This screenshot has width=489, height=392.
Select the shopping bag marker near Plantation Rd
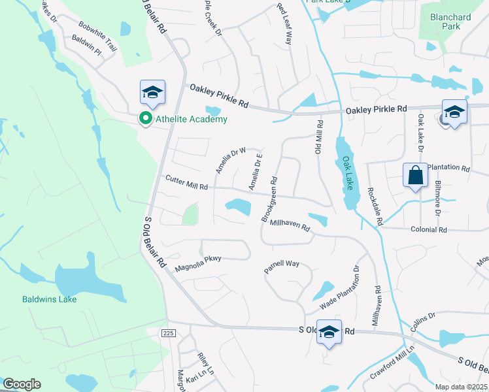[x=415, y=175]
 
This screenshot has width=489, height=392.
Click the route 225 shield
[x=169, y=333]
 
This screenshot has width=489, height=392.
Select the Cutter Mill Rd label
[x=186, y=182]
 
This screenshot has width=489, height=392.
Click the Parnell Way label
[x=281, y=265]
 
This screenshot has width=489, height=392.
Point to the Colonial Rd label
[x=428, y=230]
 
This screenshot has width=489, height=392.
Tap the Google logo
[x=22, y=384]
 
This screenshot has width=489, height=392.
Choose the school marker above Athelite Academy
[x=152, y=92]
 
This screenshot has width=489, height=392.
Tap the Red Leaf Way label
[x=283, y=24]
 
